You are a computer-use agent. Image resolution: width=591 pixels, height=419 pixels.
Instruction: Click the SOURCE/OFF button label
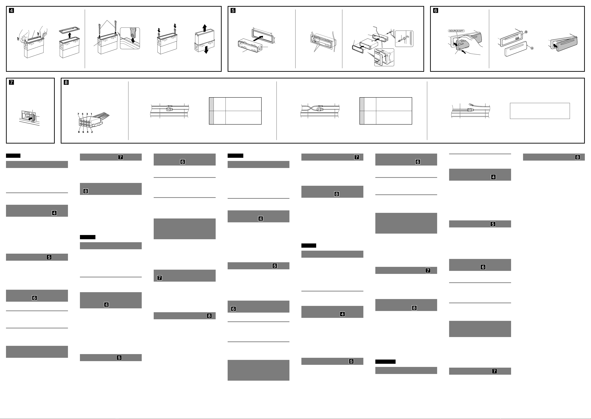(456, 31)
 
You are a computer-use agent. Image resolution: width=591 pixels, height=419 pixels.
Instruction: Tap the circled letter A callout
(532, 48)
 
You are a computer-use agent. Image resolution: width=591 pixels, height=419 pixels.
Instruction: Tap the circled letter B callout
(526, 32)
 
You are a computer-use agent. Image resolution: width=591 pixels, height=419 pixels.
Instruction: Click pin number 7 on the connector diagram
(78, 114)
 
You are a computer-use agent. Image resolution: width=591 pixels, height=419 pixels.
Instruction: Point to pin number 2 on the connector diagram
(92, 132)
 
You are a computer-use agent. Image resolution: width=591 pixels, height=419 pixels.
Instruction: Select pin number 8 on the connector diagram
(79, 132)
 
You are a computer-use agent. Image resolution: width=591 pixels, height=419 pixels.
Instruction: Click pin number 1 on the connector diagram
(91, 114)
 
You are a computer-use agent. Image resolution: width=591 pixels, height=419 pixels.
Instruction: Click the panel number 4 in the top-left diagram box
(11, 11)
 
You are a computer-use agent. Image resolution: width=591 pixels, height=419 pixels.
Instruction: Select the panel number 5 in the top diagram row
(233, 11)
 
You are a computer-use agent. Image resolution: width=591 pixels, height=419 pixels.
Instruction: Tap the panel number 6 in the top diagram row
(436, 11)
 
